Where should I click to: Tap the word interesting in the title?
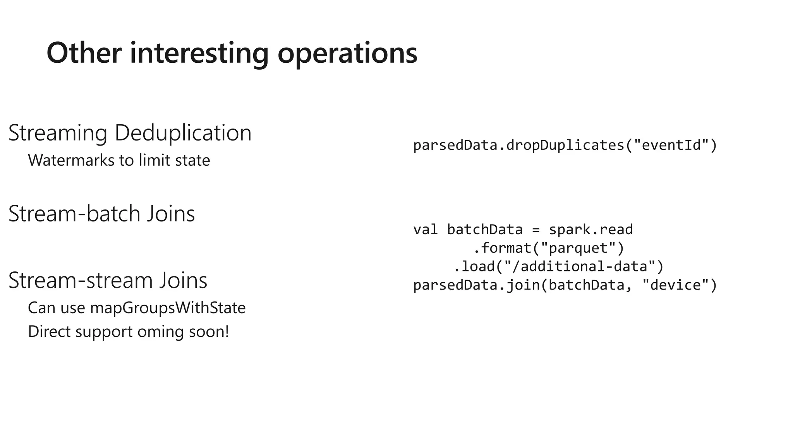tap(199, 53)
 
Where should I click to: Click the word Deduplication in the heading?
tap(183, 133)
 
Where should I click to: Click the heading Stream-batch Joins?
tap(101, 213)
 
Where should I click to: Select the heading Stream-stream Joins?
tap(108, 280)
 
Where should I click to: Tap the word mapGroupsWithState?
tap(168, 308)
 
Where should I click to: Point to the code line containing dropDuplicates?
tap(565, 146)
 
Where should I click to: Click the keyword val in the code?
tap(426, 230)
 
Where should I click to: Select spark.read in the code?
tap(590, 230)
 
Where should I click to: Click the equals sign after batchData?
tap(536, 230)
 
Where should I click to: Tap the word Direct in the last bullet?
tap(50, 332)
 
